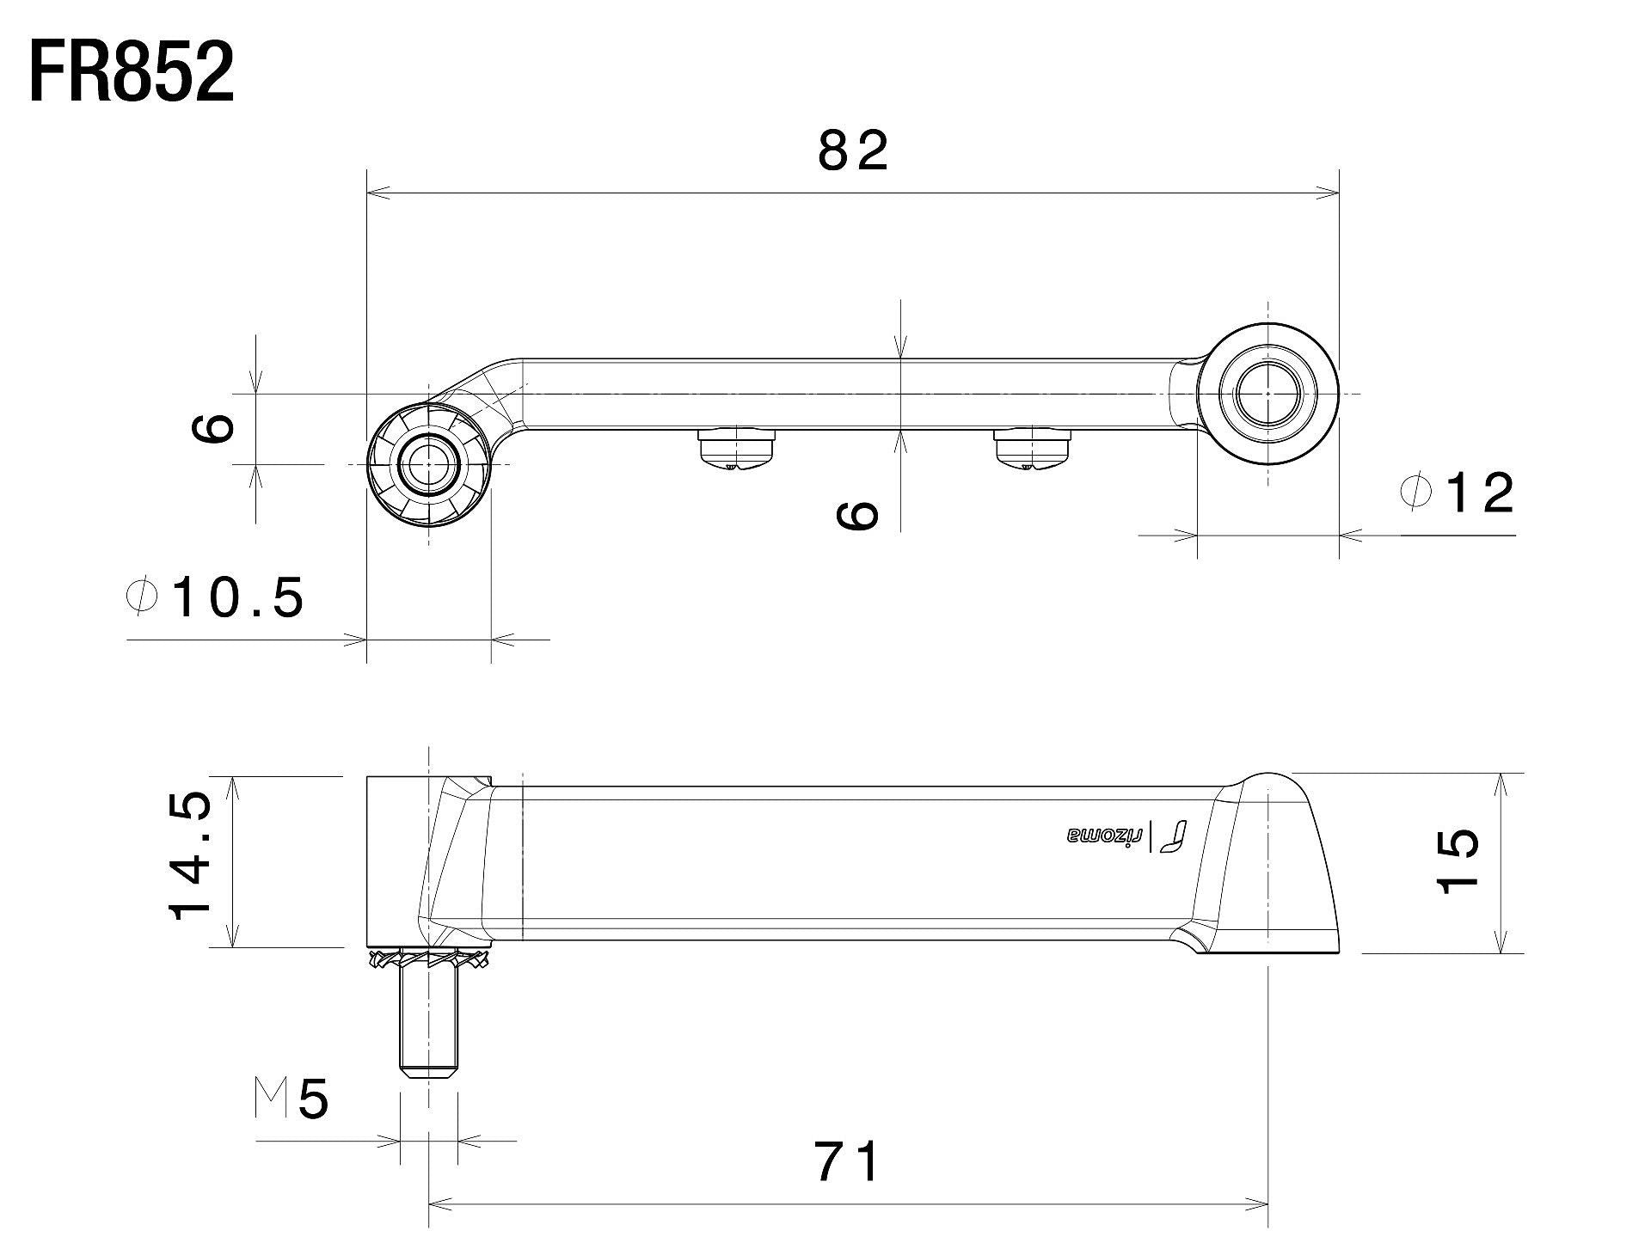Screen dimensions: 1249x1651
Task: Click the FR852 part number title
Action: pyautogui.click(x=132, y=73)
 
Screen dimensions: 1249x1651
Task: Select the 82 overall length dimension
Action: pyautogui.click(x=852, y=151)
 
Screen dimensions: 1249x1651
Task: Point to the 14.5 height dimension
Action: pyautogui.click(x=190, y=857)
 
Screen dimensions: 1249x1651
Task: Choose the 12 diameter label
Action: pyautogui.click(x=1479, y=493)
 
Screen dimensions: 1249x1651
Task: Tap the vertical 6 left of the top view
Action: pyautogui.click(x=211, y=427)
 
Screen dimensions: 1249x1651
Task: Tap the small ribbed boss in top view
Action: pyautogui.click(x=427, y=465)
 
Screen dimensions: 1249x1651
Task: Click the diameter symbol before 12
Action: pyautogui.click(x=1415, y=493)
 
